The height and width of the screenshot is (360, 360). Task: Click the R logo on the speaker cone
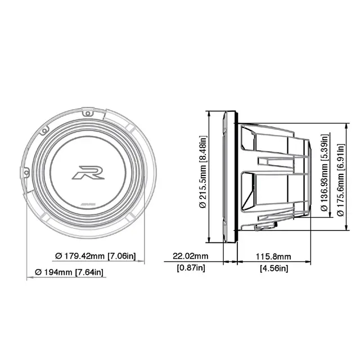[88, 172]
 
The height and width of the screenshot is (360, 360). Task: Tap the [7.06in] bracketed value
[122, 255]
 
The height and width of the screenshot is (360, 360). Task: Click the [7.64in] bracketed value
[89, 272]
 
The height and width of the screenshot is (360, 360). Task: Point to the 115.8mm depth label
[274, 256]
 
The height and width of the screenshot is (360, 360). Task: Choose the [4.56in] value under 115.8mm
[274, 268]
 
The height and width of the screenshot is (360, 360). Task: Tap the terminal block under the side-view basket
[267, 227]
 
